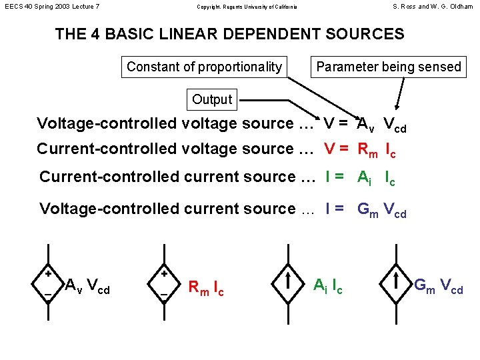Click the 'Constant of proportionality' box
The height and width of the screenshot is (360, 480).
coord(204,67)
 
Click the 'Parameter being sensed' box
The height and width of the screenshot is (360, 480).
coord(389,67)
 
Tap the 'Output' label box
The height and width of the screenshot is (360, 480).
coord(211,100)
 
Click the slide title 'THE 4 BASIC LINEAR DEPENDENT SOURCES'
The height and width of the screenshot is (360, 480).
coord(229,34)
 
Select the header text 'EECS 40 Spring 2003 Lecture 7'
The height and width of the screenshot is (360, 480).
coord(52,7)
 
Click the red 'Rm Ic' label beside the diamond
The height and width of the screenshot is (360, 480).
coord(206,288)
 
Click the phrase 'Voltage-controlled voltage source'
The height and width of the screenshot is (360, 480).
coord(165,123)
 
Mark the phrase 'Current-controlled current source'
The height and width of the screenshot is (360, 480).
coord(167,177)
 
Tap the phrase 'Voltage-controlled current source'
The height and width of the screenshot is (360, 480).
coord(167,209)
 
